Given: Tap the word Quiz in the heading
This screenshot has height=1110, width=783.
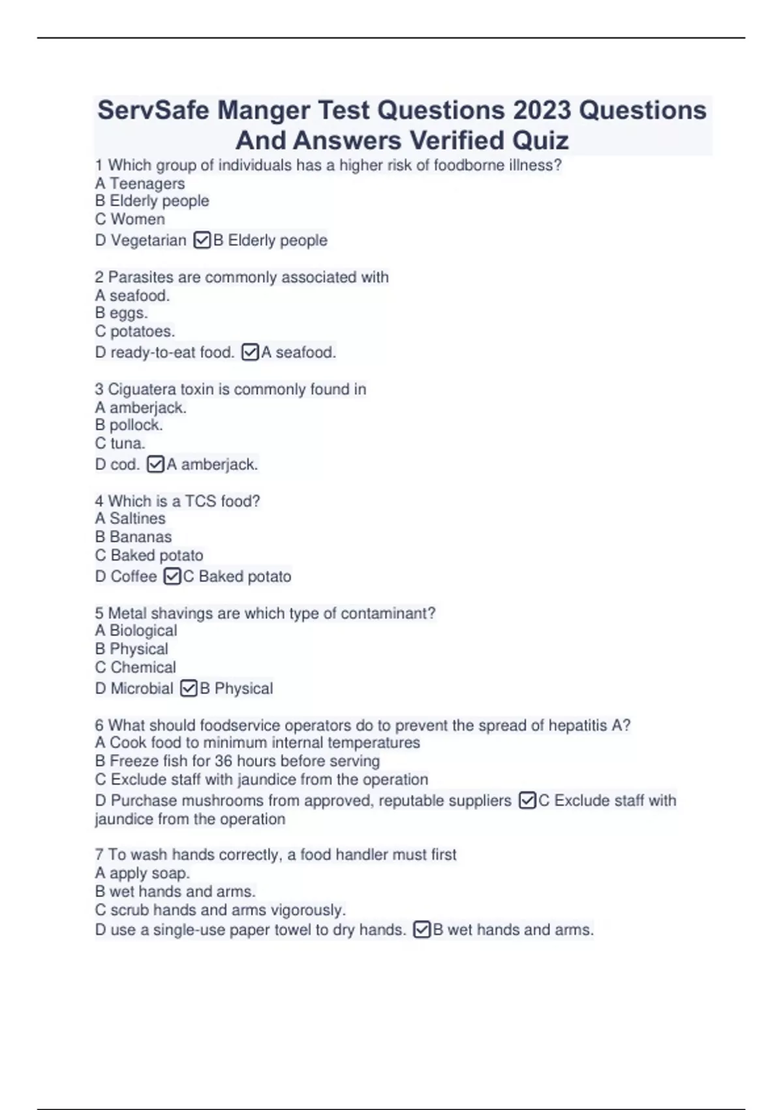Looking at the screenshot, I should (540, 140).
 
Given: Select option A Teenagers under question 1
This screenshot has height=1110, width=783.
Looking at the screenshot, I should (140, 183).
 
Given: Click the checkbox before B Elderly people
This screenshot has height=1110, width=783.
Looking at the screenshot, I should (202, 240).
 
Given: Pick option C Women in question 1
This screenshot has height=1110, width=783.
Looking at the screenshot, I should (130, 219).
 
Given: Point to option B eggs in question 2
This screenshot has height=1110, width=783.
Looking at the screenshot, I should (121, 313).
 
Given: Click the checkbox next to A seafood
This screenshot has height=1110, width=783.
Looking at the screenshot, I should (250, 353).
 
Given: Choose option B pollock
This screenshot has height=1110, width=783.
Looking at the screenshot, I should (129, 425).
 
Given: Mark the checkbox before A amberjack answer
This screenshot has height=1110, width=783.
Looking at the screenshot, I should (155, 464).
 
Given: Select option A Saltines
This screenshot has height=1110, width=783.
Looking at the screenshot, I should (130, 518).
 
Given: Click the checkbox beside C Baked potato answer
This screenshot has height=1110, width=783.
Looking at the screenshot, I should (172, 577).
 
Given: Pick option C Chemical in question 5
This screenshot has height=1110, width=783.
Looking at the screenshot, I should (135, 667).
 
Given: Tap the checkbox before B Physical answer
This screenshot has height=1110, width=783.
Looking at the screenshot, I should (189, 688).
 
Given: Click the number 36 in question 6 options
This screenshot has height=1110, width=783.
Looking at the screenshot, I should (223, 761).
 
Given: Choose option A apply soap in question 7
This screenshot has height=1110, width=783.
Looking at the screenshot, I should (142, 873).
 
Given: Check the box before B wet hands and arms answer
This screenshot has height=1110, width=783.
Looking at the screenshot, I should (422, 930).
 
